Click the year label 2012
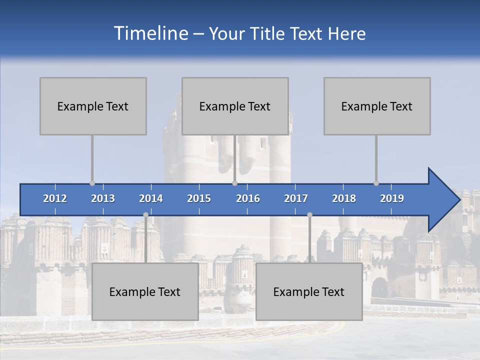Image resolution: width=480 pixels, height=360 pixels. click(55, 198)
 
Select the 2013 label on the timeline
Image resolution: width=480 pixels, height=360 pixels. click(103, 198)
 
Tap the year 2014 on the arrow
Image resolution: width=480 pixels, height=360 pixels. click(151, 198)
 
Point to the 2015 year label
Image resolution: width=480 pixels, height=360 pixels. click(199, 198)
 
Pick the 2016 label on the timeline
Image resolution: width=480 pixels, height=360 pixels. click(248, 198)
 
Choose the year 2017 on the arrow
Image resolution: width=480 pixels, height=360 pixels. click(296, 198)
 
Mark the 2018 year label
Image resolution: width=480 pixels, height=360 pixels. click(344, 198)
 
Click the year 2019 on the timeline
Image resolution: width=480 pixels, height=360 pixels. click(392, 198)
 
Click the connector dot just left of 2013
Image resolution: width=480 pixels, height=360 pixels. click(92, 183)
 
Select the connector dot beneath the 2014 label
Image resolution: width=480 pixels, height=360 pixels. click(145, 214)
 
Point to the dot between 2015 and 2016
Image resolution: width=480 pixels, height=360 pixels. click(234, 183)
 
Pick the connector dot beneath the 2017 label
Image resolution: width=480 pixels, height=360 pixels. click(309, 214)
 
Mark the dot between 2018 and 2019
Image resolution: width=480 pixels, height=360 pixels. click(376, 183)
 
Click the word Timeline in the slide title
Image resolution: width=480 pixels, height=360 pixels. click(150, 33)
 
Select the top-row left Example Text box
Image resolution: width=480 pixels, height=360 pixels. click(93, 106)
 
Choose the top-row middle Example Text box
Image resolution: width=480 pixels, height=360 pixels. click(235, 106)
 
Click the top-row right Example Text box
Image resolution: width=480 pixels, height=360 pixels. click(377, 106)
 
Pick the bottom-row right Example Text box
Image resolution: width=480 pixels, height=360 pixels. click(309, 291)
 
